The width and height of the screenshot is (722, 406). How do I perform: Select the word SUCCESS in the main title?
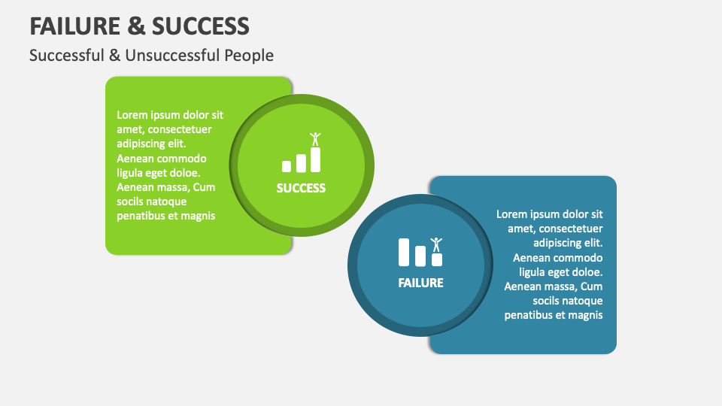200,26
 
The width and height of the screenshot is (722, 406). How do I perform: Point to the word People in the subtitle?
249,56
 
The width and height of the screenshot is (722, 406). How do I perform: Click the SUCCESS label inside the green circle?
301,188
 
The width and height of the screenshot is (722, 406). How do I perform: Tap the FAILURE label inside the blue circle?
420,283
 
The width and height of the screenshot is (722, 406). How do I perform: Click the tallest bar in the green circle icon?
315,159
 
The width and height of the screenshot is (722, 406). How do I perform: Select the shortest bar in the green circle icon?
287,166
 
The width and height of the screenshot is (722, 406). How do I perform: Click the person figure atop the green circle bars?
315,139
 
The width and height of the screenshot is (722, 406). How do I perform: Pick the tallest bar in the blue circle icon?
404,253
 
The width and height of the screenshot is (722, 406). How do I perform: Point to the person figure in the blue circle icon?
436,244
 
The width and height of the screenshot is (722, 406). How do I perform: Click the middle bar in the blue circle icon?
420,256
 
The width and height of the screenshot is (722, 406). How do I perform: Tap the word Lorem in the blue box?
512,214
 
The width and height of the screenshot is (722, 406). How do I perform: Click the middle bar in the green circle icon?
301,163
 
